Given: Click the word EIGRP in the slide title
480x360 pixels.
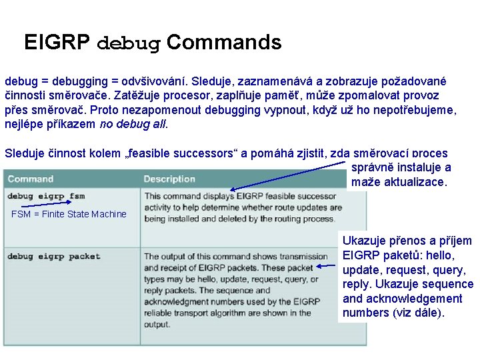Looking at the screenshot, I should pos(57,43).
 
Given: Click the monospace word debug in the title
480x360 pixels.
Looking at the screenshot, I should pos(129,44).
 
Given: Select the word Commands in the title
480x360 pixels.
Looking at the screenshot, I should pos(224,43).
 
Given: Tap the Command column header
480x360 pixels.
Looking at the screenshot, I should pos(31,179).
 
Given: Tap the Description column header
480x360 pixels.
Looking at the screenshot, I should pos(169,179).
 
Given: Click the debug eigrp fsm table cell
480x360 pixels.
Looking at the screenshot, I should pos(46,197).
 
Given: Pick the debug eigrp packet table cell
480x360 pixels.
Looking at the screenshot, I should pos(53,256).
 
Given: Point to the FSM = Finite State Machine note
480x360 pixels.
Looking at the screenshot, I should pos(69,214).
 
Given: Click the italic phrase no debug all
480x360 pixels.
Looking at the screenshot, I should pos(133,124).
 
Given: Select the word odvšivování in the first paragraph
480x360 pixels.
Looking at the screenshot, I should pos(155,81).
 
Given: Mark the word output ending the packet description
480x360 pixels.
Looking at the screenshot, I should pos(157,325).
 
